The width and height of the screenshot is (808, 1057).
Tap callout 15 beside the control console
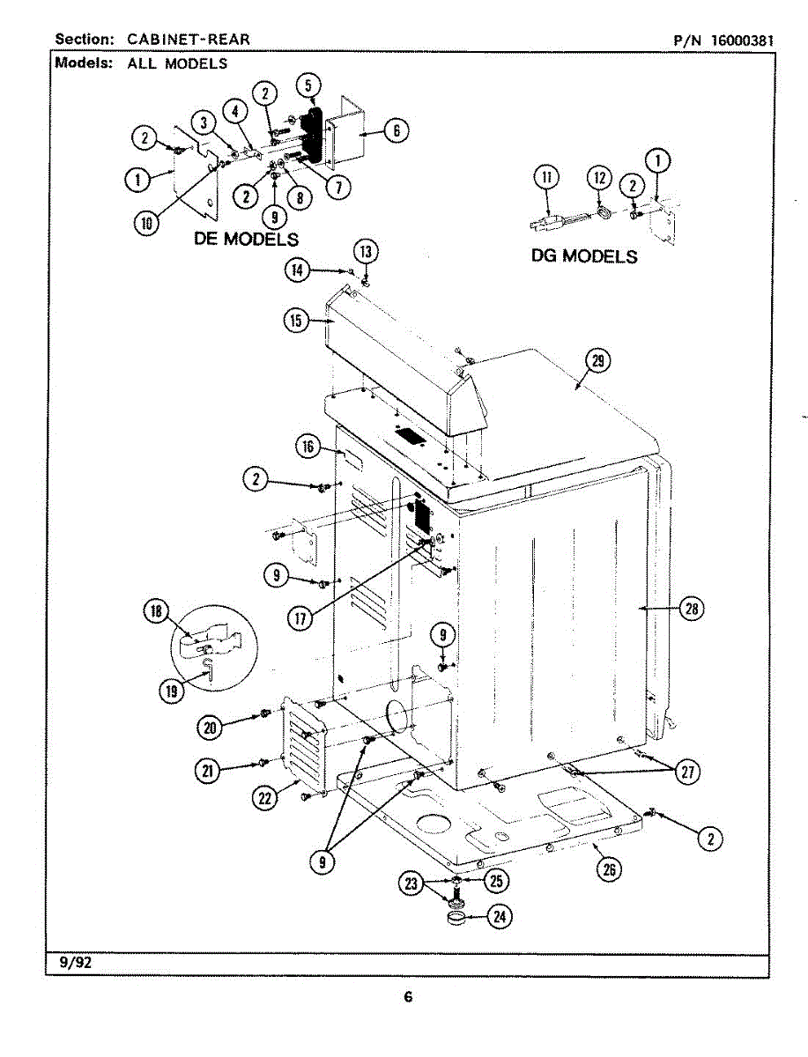point(296,321)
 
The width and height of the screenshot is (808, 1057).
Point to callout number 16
point(308,447)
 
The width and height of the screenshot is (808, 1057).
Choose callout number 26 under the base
point(608,869)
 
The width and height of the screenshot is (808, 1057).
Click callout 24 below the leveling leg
point(500,917)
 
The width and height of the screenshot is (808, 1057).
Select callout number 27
point(687,772)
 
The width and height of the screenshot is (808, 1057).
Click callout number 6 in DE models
point(396,130)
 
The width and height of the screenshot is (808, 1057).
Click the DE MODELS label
point(247,239)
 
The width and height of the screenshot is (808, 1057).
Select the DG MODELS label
point(584,256)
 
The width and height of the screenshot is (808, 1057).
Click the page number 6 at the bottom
point(408,997)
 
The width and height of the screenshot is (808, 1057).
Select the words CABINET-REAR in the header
point(188,39)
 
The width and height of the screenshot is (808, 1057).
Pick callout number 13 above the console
point(367,252)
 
